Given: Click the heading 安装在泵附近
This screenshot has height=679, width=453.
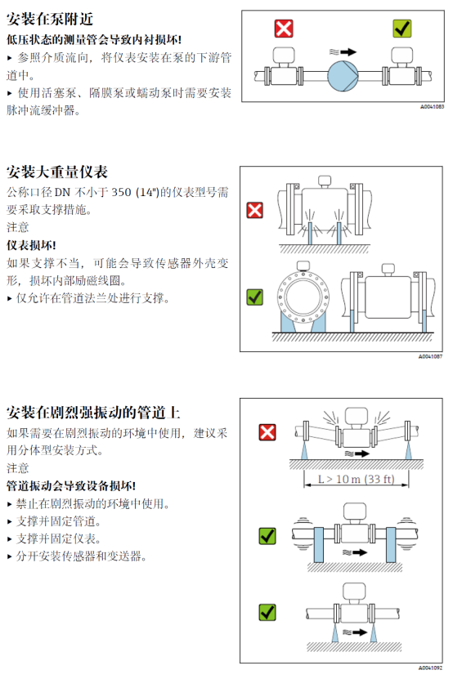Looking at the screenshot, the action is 50,19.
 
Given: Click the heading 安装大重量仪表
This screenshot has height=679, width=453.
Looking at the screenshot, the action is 56,172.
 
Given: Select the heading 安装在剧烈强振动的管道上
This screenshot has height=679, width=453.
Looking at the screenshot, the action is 93,413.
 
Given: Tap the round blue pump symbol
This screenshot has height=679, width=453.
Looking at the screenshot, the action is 343,76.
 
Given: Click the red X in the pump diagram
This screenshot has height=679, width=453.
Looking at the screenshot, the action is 284,29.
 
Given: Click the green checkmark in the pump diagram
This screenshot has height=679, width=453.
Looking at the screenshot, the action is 401,29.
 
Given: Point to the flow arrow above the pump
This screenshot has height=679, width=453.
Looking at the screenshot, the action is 348,52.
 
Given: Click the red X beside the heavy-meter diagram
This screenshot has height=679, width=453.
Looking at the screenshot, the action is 254,211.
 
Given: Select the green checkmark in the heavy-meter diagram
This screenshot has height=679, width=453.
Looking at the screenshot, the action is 254,297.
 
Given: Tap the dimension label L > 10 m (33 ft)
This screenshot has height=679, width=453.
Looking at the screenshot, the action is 356,479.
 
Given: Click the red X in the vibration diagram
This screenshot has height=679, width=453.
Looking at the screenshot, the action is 267,432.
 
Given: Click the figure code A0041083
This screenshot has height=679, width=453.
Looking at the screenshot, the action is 432,106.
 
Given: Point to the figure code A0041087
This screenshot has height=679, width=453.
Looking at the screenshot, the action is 430,356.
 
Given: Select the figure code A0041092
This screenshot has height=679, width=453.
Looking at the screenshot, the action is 430,668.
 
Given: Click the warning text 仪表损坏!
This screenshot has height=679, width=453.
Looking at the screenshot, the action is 31,245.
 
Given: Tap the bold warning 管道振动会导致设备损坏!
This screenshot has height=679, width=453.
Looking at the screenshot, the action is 71,486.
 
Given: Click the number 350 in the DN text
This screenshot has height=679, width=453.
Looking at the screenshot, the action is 121,192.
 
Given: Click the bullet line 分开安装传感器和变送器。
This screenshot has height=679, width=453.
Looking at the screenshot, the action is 77,556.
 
